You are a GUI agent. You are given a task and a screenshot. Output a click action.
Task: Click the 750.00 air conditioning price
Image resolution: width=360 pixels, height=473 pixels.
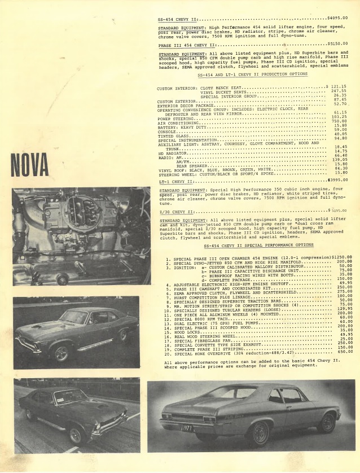[x=339, y=121]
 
